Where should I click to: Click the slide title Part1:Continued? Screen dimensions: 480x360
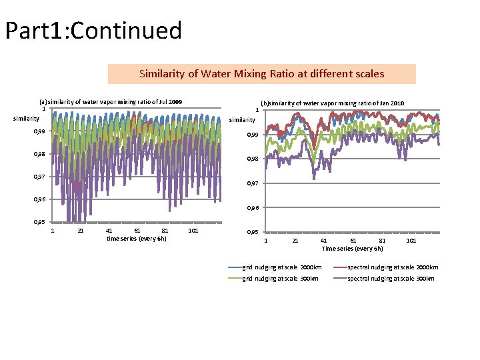point(94,31)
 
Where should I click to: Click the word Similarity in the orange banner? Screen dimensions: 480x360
point(162,74)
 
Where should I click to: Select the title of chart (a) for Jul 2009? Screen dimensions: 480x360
point(111,102)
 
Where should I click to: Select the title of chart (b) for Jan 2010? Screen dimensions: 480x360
point(333,103)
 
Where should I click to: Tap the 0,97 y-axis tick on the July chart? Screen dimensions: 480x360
point(39,177)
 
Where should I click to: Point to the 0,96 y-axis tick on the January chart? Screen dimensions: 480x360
point(253,208)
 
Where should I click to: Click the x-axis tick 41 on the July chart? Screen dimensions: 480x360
point(109,231)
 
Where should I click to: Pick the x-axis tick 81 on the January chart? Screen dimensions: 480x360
point(382,241)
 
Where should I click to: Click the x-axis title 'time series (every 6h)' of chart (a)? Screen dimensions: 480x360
point(137,239)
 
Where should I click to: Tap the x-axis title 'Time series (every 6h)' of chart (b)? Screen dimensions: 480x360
point(353,249)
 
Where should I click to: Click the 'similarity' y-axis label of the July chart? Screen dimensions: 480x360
point(26,119)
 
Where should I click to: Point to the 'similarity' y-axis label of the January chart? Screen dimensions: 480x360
point(242,120)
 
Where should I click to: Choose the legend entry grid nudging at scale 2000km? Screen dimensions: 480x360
point(275,267)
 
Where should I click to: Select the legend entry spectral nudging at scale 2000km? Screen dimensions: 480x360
point(386,267)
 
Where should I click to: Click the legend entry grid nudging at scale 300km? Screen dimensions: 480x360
point(273,279)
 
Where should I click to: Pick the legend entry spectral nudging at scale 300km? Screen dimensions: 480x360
point(384,279)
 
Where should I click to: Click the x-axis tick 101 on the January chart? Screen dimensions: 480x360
point(411,241)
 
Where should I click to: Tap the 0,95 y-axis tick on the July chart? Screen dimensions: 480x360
point(39,222)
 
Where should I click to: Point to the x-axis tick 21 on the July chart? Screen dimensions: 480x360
point(81,231)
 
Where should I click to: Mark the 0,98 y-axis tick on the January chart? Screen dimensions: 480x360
point(253,159)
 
